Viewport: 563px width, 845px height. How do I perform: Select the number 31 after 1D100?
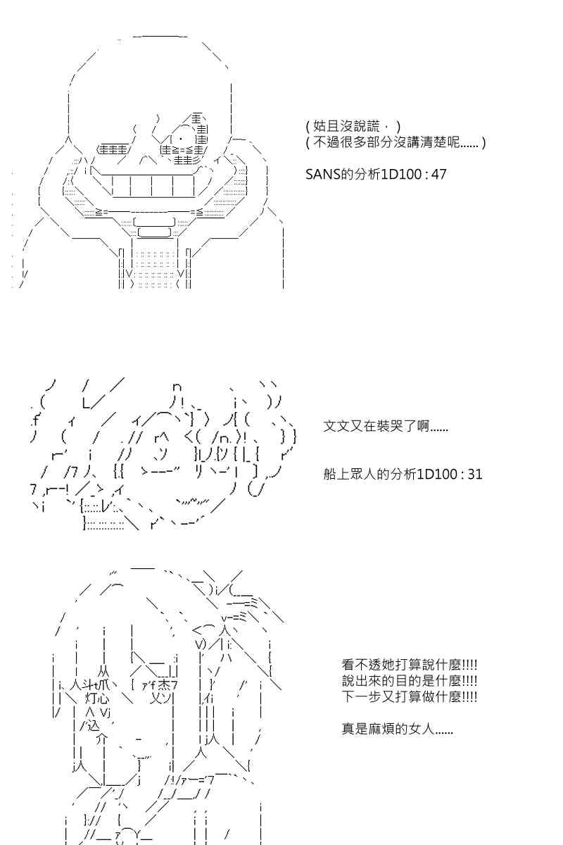coord(475,474)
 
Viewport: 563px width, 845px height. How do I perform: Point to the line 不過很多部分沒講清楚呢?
coord(396,142)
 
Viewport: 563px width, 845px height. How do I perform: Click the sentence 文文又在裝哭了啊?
coord(386,426)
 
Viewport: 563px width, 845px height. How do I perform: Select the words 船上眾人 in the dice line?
coord(350,474)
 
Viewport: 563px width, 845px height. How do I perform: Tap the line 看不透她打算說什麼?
coord(409,665)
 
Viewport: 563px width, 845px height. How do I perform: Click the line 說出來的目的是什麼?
coord(409,681)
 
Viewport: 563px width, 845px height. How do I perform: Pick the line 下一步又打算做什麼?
coord(409,696)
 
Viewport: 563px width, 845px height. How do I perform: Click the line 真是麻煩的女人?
coord(397,729)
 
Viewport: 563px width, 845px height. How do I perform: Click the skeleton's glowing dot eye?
coord(181,138)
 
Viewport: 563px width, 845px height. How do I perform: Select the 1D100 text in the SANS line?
coord(402,175)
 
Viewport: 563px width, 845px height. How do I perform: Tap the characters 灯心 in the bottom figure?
coord(97,699)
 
